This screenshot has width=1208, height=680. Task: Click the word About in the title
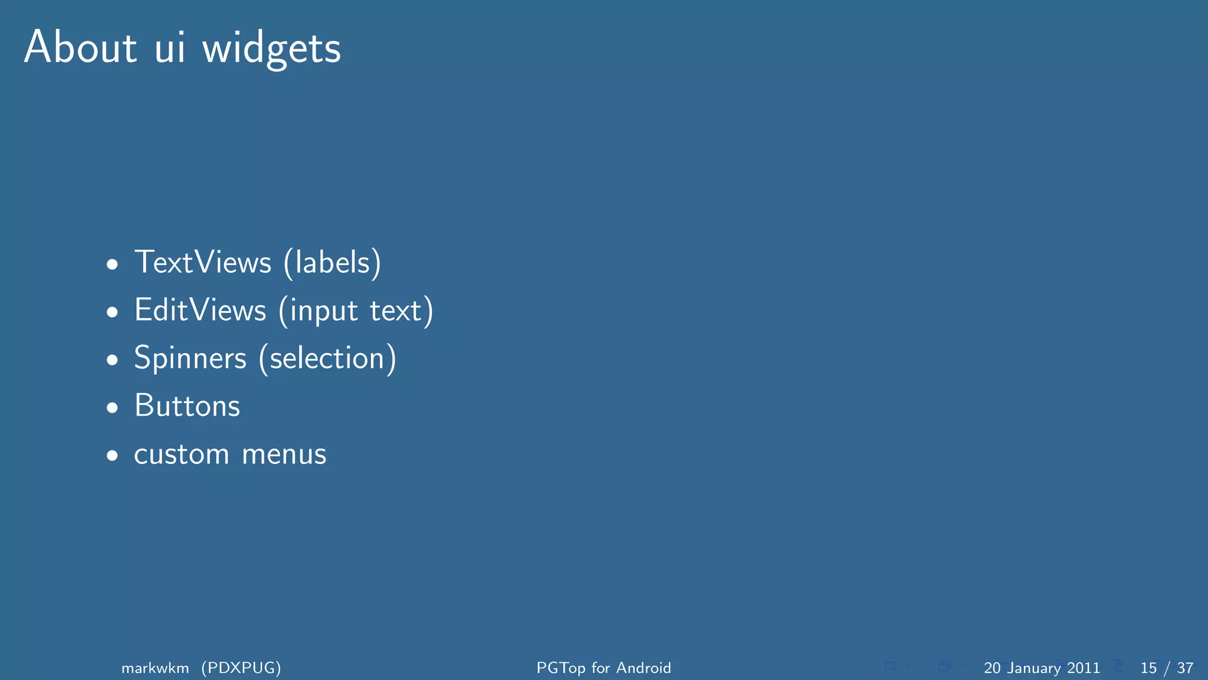[80, 47]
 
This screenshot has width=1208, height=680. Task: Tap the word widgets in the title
[271, 50]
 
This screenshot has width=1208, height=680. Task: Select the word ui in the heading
[170, 47]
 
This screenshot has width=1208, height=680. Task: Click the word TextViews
[203, 262]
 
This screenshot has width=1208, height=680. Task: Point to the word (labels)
[332, 263]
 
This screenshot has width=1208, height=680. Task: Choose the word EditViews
[200, 310]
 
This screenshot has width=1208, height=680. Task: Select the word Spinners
[190, 358]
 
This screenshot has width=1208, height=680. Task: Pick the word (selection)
[327, 358]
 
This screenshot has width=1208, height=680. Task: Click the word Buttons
[187, 406]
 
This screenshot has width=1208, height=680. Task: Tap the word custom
[181, 455]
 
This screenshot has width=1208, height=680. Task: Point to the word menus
[284, 455]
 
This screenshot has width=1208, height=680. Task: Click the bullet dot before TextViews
[112, 264]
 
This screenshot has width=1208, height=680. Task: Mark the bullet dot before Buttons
[112, 408]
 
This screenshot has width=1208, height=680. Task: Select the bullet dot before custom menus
[112, 456]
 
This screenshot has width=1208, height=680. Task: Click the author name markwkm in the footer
[155, 668]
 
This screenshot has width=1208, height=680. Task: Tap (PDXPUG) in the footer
[241, 668]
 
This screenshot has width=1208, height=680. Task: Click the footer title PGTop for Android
[603, 668]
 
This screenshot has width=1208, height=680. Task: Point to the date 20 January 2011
[1042, 668]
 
